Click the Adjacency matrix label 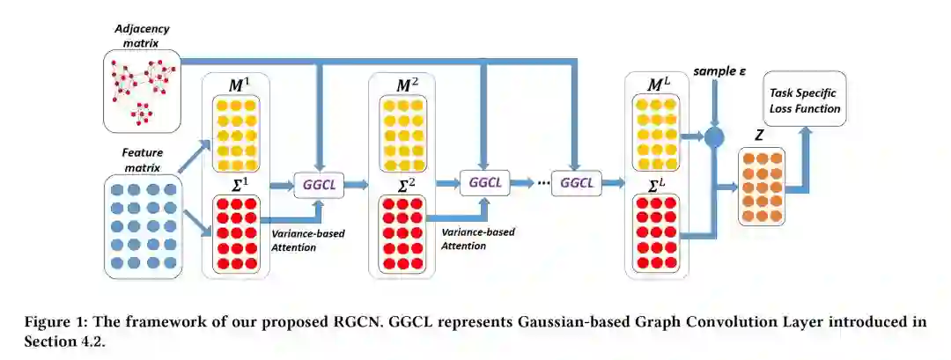[141, 34]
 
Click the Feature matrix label [142, 158]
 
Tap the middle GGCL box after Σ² [484, 183]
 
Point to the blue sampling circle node [714, 136]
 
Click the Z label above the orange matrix [759, 136]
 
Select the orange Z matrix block [760, 186]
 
